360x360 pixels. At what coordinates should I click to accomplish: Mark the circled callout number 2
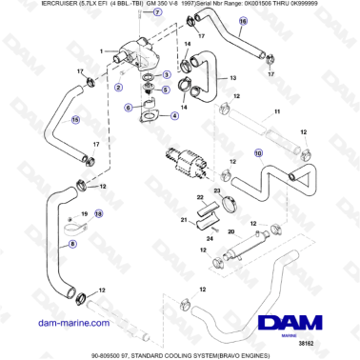click(x=117, y=86)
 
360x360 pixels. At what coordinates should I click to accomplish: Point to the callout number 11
click(x=278, y=112)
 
